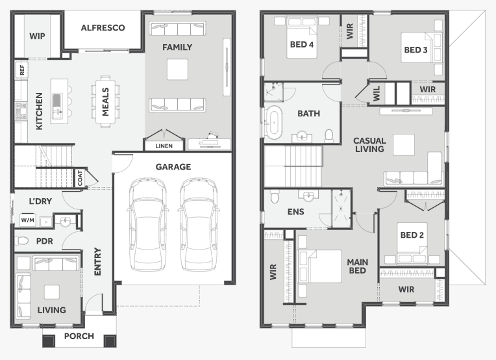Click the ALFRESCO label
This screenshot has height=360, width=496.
pos(103,28)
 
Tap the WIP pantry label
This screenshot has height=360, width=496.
pos(37,35)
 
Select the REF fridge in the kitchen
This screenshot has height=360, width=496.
pos(21,69)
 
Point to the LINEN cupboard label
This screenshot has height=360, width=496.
pos(164,145)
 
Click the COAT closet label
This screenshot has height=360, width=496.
pos(81,178)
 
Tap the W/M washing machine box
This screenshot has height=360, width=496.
pos(27,221)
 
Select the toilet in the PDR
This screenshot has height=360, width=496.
pos(22,241)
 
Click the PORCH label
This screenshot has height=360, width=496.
pos(79,337)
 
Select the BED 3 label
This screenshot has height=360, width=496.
pos(415,49)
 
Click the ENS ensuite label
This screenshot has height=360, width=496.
pos(295,211)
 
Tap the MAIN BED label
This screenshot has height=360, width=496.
pos(357,266)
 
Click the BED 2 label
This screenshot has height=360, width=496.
pos(412,235)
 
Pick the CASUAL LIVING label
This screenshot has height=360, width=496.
pos(369,144)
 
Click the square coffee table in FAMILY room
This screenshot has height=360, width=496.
pos(177,69)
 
